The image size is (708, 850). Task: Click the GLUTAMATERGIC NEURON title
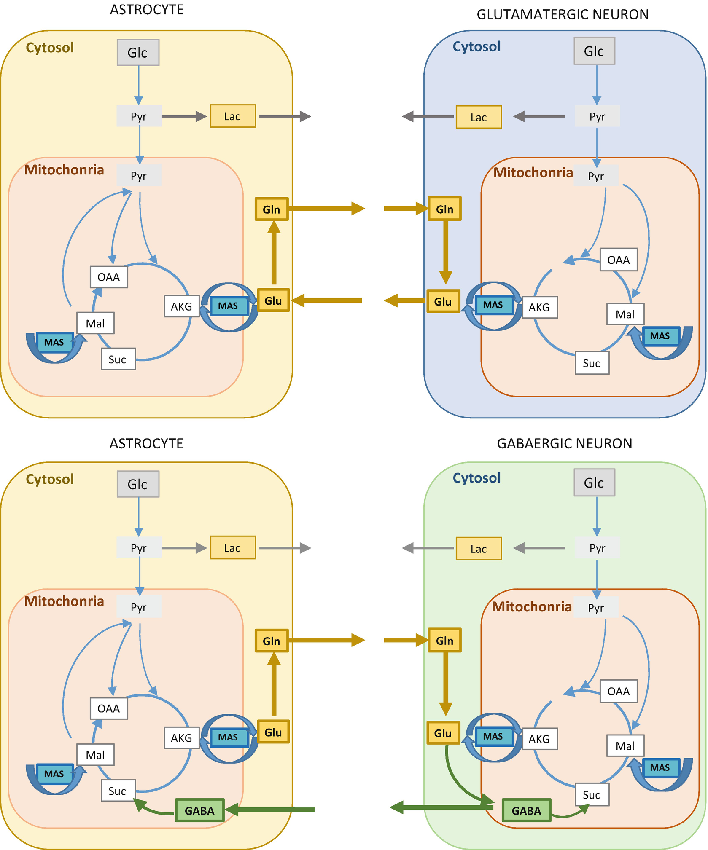click(563, 15)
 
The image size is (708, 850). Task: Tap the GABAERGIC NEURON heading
click(564, 444)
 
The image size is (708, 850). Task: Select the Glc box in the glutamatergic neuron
click(594, 51)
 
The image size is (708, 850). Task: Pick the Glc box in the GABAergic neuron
click(594, 483)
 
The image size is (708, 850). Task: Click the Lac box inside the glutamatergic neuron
click(479, 117)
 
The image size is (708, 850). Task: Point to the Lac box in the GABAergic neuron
click(479, 549)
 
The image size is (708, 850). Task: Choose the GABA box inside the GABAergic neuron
click(526, 810)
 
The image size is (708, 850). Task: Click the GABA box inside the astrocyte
click(199, 810)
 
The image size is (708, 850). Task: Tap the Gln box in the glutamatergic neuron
click(444, 209)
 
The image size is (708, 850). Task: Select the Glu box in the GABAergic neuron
click(443, 733)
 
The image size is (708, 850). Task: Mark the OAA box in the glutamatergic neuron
click(618, 260)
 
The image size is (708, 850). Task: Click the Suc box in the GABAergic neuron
click(592, 795)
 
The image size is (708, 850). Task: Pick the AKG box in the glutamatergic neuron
click(539, 307)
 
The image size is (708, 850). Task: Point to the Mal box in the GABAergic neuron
click(625, 746)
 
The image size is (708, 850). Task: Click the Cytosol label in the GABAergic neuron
click(476, 478)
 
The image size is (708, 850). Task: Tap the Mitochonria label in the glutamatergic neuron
click(533, 172)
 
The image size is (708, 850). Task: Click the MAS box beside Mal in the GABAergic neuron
click(660, 767)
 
